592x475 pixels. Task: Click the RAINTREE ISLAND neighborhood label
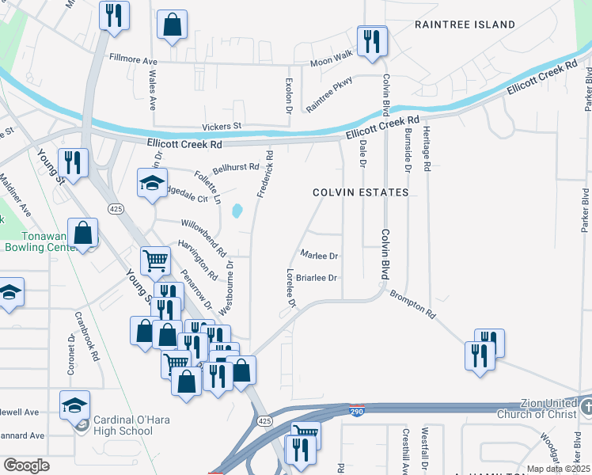(x=465, y=25)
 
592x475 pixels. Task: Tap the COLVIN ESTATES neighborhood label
(x=360, y=192)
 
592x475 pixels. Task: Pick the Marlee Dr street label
(x=320, y=256)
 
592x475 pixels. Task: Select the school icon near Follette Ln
(x=152, y=183)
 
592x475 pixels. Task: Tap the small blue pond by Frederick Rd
(x=237, y=211)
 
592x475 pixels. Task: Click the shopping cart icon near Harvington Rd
(x=155, y=260)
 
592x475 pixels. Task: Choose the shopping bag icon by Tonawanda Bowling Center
(x=82, y=234)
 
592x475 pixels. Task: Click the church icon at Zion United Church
(x=586, y=408)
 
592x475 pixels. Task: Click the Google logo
(x=26, y=465)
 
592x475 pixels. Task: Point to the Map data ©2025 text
(x=557, y=469)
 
